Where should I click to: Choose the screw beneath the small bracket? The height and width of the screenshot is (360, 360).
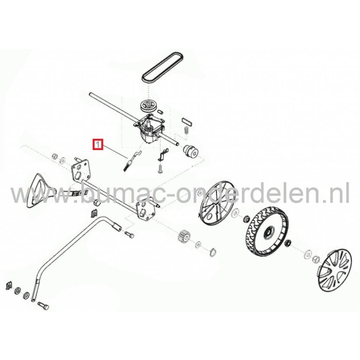pos(160,167)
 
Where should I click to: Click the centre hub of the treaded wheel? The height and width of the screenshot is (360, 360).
pos(268,236)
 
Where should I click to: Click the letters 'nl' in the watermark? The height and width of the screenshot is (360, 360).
pos(339,195)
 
